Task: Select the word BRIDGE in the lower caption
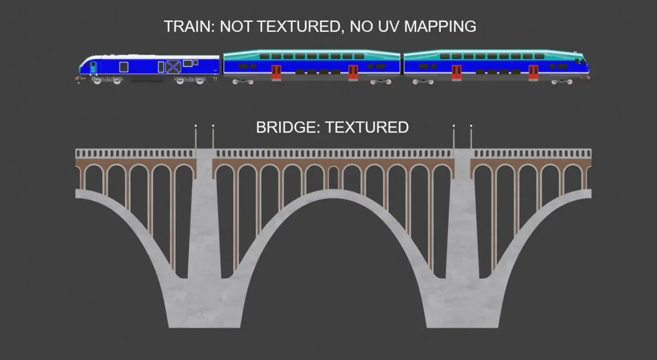[288, 128]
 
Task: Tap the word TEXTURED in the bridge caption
[367, 128]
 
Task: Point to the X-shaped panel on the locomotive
[174, 67]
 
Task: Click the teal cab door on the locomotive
[93, 67]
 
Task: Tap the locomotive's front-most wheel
[96, 81]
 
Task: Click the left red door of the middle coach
[276, 72]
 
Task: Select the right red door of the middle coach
[353, 72]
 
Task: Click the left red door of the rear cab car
[456, 72]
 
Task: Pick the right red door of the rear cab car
[533, 72]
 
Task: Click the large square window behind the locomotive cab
[124, 67]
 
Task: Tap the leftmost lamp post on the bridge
[195, 137]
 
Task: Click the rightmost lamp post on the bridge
[471, 137]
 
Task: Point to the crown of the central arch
[333, 193]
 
